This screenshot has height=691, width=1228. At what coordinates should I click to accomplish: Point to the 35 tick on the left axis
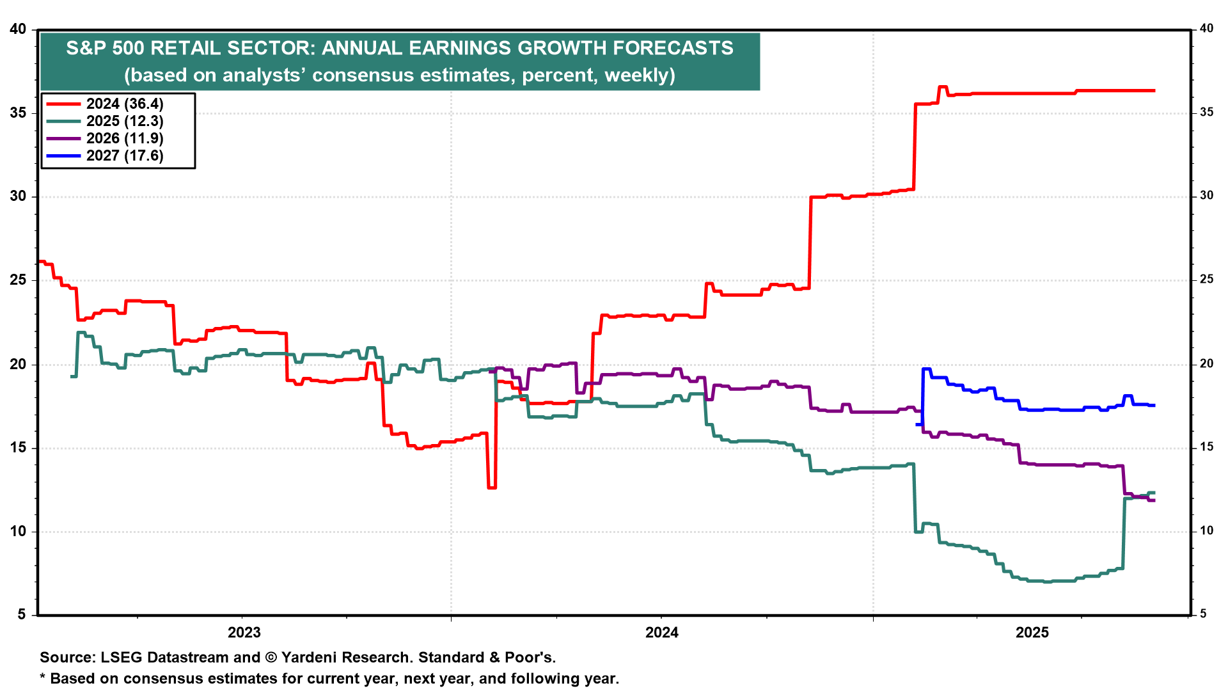click(18, 113)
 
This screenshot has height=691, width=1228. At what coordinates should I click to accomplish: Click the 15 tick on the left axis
click(18, 448)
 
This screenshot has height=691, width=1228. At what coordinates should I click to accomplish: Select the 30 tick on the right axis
click(1206, 196)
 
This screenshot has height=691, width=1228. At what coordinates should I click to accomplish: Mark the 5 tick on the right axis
click(1203, 614)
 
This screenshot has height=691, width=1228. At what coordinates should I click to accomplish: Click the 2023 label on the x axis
click(244, 633)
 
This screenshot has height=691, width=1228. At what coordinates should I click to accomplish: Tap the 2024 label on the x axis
click(662, 633)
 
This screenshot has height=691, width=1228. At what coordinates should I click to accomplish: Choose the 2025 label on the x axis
click(1032, 633)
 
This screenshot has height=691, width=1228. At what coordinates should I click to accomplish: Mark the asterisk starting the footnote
click(43, 678)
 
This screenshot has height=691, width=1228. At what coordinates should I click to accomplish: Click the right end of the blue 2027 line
click(1154, 405)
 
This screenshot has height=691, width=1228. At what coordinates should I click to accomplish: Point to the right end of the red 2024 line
click(1154, 91)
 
